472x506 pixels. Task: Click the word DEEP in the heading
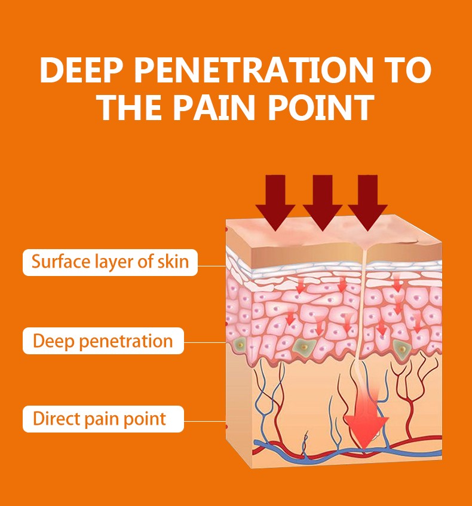pyautogui.click(x=81, y=70)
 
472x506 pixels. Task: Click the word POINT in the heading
pyautogui.click(x=321, y=107)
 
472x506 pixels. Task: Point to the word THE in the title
pyautogui.click(x=129, y=107)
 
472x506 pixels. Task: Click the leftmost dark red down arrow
pyautogui.click(x=275, y=203)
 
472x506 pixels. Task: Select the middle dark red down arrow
pyautogui.click(x=323, y=203)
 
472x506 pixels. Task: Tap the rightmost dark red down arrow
pyautogui.click(x=367, y=203)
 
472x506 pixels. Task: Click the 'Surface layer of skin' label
pyautogui.click(x=110, y=262)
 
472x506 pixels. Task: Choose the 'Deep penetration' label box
pyautogui.click(x=103, y=341)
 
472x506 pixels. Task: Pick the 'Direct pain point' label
pyautogui.click(x=103, y=419)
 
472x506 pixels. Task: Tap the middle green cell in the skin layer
pyautogui.click(x=304, y=346)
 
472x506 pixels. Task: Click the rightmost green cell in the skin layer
pyautogui.click(x=402, y=349)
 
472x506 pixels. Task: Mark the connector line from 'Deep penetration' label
pyautogui.click(x=205, y=342)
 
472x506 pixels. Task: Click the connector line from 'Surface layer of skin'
pyautogui.click(x=212, y=266)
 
